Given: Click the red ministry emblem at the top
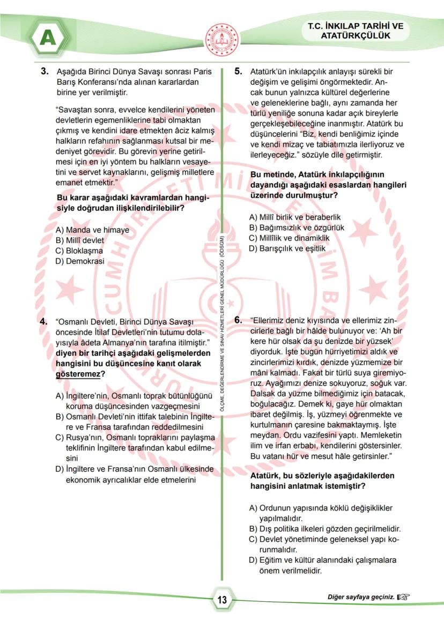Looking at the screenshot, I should [222, 38].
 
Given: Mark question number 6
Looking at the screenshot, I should [239, 320].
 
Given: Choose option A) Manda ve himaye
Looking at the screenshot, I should [92, 230].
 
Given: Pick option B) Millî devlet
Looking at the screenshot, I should [80, 240].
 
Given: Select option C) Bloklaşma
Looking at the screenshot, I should [79, 251].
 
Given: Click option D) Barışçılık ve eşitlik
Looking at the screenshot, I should [287, 248].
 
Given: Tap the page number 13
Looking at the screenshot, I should [222, 600].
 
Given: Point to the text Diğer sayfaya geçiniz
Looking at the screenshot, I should [361, 596].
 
